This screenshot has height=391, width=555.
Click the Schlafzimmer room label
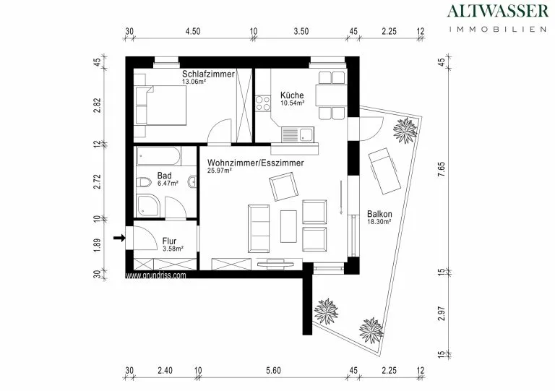208,74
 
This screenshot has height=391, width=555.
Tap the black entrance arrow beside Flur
119,238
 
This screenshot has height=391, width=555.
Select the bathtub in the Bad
158,156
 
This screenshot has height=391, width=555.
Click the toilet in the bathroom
143,183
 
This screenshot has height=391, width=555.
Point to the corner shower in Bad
148,205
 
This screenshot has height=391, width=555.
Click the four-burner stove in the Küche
263,103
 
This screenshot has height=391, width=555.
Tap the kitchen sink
297,134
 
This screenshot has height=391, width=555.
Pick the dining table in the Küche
332,95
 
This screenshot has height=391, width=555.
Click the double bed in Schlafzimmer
161,106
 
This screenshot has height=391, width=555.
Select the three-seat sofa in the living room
259,228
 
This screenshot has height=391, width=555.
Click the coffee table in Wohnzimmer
288,226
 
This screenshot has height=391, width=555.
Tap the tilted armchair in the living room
283,186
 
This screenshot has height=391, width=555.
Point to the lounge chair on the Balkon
384,171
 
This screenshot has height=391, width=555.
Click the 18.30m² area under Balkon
379,222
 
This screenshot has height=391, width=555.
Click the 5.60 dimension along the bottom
273,371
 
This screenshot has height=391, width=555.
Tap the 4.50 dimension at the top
193,31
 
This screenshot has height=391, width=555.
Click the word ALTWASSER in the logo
498,11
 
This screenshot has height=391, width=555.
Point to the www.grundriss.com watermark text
156,275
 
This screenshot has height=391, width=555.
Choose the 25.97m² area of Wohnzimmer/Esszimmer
220,170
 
